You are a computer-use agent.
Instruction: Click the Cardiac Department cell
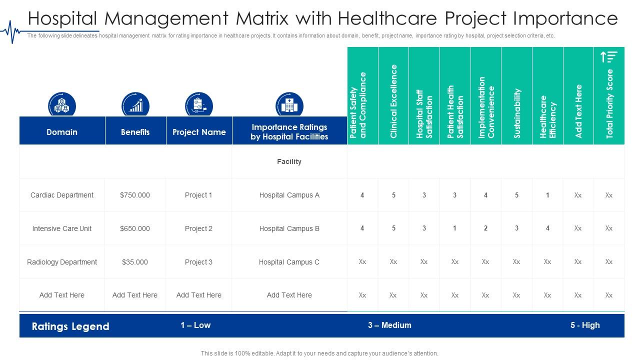(x=62, y=195)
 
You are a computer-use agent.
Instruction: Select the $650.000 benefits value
(x=135, y=228)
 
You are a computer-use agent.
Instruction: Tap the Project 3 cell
(x=198, y=262)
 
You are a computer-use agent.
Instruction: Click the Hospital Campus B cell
(x=289, y=228)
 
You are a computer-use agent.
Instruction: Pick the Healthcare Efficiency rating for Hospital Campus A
(x=547, y=195)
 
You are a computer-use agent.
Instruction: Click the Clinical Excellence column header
(x=393, y=101)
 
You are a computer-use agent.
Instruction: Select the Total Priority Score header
(x=609, y=104)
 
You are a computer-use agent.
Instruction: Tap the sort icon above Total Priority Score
(x=609, y=57)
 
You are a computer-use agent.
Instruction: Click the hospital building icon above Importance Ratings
(x=289, y=105)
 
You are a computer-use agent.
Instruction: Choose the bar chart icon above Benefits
(x=135, y=105)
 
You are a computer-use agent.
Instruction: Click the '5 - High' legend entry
(x=584, y=325)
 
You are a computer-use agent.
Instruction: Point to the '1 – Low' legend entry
(x=195, y=325)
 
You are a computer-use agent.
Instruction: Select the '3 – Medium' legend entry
(x=389, y=325)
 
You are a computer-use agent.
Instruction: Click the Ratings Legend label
(x=70, y=326)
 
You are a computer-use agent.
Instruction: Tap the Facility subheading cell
(x=289, y=161)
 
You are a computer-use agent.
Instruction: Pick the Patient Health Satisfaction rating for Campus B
(x=454, y=228)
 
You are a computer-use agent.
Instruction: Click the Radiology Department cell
(x=62, y=262)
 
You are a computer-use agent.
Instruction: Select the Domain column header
(x=62, y=132)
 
